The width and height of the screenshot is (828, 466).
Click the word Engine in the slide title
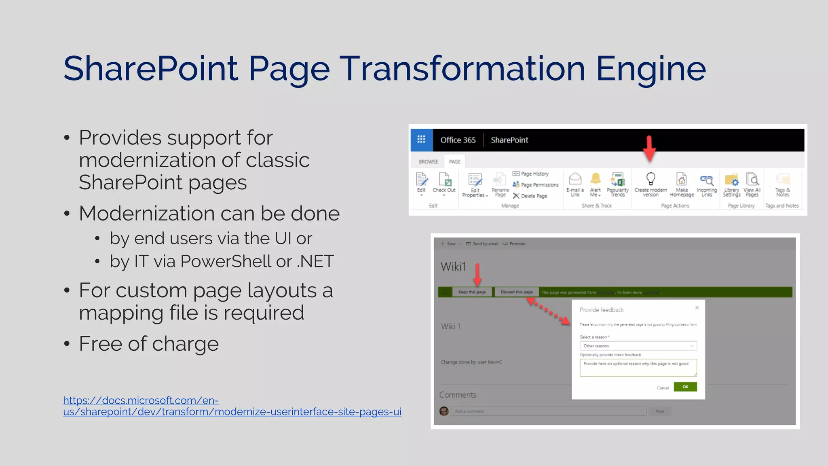(651, 69)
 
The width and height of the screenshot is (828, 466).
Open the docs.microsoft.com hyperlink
(232, 406)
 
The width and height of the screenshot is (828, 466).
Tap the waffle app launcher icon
(421, 140)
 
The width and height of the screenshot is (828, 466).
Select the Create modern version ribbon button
(651, 184)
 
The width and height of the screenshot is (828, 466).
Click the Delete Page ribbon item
(530, 196)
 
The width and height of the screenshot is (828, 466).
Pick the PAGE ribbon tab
(454, 161)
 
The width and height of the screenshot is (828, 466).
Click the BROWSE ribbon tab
(428, 161)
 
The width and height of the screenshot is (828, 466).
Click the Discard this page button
(516, 292)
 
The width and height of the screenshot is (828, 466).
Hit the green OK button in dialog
(685, 387)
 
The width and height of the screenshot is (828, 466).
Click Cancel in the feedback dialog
(663, 388)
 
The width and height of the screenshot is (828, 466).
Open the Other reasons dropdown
(638, 346)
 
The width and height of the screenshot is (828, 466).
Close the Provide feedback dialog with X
(697, 308)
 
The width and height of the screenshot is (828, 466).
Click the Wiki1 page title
(453, 267)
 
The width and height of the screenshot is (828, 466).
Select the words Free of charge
(149, 344)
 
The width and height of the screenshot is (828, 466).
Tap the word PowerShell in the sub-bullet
(226, 261)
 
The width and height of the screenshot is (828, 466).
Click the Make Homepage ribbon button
(682, 184)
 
